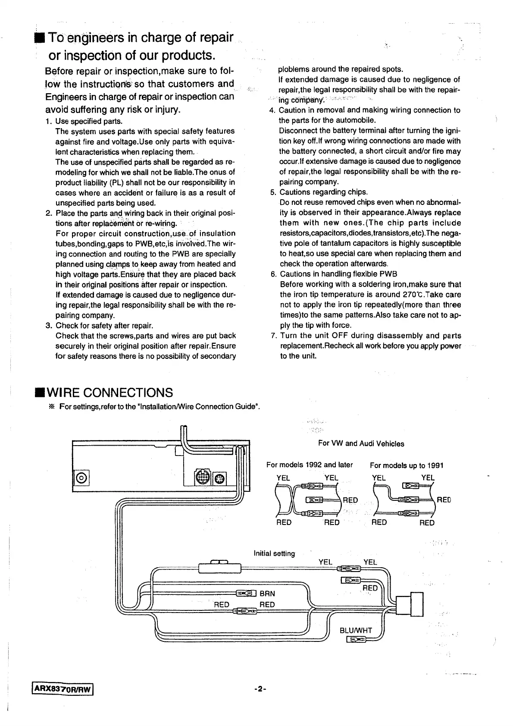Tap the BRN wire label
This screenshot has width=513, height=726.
pyautogui.click(x=267, y=593)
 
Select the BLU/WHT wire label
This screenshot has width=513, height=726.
pyautogui.click(x=356, y=630)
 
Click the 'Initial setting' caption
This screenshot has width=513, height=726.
pyautogui.click(x=274, y=553)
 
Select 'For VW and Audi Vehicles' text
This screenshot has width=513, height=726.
pyautogui.click(x=361, y=443)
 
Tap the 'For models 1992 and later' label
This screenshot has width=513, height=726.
pyautogui.click(x=310, y=465)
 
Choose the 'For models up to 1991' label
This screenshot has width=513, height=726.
pyautogui.click(x=407, y=465)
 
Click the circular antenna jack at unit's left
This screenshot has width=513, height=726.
pyautogui.click(x=82, y=478)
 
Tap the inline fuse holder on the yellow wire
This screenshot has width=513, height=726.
pyautogui.click(x=220, y=566)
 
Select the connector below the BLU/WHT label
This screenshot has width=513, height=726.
pyautogui.click(x=356, y=639)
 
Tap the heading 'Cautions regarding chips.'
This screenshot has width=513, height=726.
pyautogui.click(x=324, y=192)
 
